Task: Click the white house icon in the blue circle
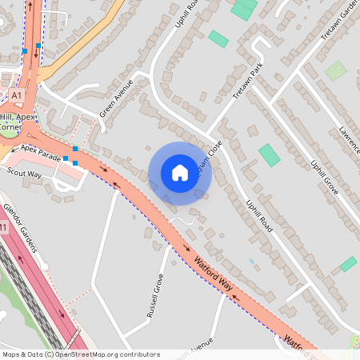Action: (179, 173)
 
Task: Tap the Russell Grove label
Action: (155, 295)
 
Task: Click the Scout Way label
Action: (24, 173)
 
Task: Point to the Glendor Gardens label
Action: (20, 228)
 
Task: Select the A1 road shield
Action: (17, 95)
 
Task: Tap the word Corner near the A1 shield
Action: (10, 126)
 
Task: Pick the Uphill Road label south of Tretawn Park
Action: (262, 216)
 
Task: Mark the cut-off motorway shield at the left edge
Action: (3, 228)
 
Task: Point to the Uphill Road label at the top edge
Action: (186, 14)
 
